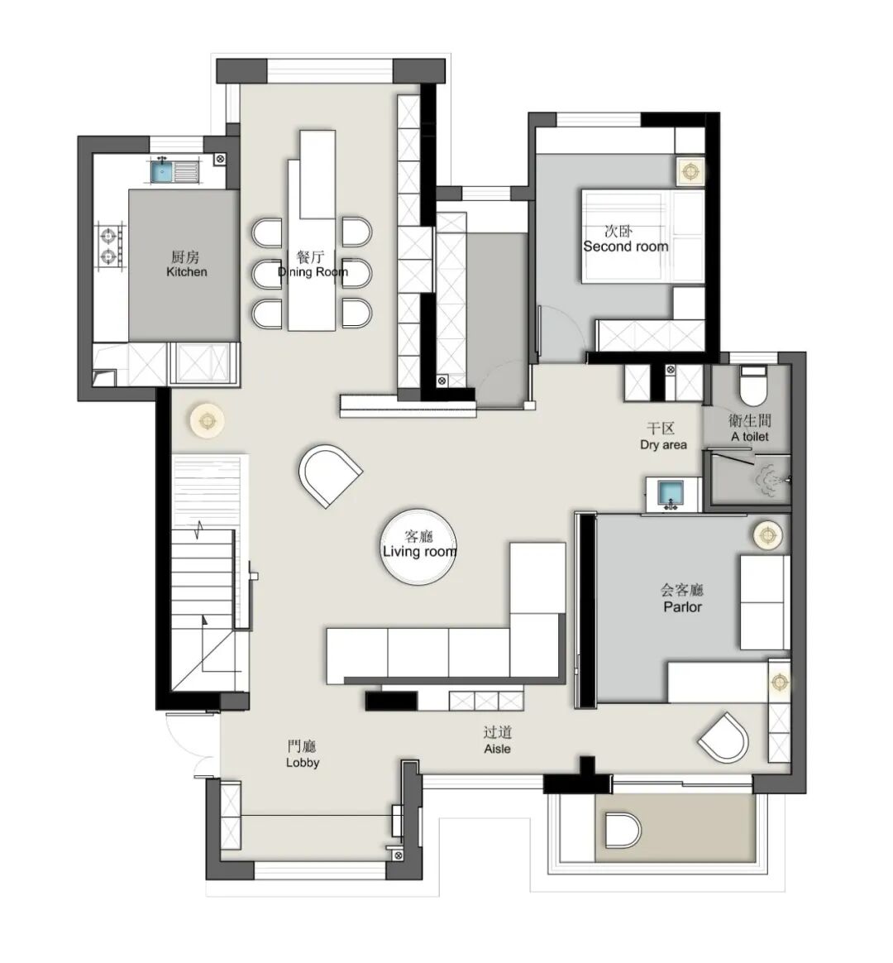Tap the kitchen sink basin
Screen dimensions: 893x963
pos(163,170)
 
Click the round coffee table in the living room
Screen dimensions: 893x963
pos(419,545)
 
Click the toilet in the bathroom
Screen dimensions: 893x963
pos(753,385)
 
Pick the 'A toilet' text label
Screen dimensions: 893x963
pos(749,437)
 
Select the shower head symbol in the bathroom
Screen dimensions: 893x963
pos(771,480)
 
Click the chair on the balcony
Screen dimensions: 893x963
pos(623,831)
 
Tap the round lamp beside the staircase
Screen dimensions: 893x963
pos(207,421)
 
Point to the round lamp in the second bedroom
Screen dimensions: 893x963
pos(690,171)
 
